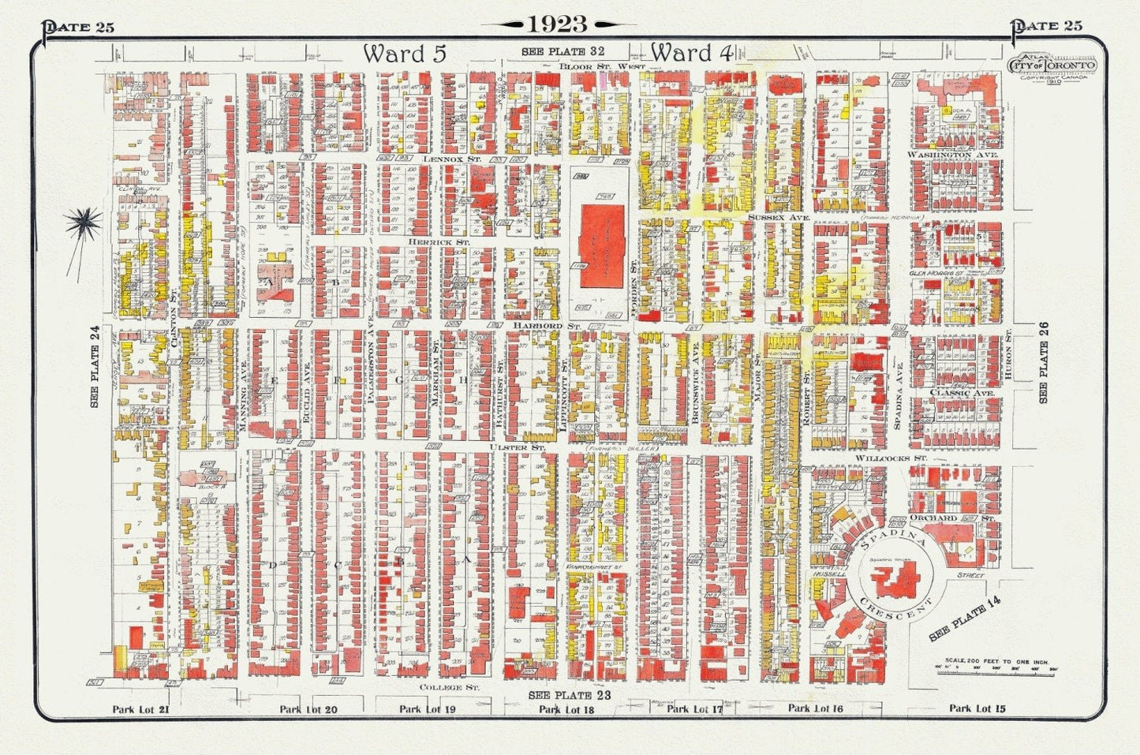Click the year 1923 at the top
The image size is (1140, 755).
pyautogui.click(x=558, y=24)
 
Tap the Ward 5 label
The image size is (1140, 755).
pyautogui.click(x=405, y=54)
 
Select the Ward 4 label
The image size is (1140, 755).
pyautogui.click(x=692, y=53)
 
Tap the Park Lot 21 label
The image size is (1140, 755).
pyautogui.click(x=141, y=709)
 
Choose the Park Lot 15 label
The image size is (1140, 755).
pyautogui.click(x=977, y=708)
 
